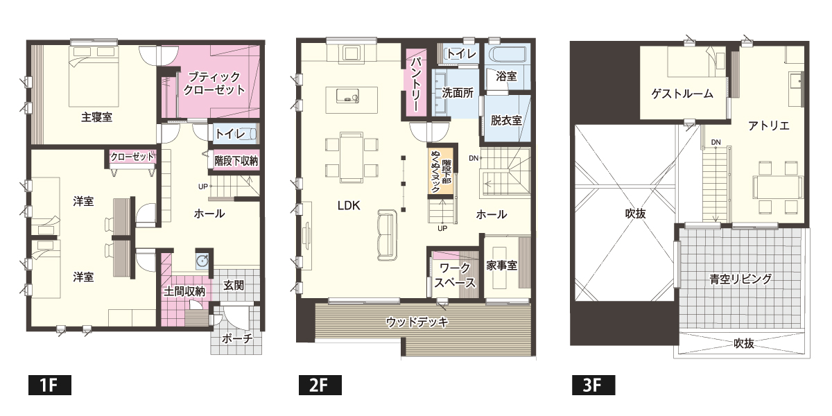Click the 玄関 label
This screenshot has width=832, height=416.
(x=234, y=285)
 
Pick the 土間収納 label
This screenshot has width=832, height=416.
(x=184, y=292)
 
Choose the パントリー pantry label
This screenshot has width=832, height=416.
(x=415, y=83)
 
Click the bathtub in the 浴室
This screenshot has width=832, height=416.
(x=507, y=55)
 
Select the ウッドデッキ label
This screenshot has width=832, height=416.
(x=418, y=322)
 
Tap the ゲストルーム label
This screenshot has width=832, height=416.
(x=682, y=94)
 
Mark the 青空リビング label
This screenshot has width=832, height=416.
(x=740, y=279)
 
